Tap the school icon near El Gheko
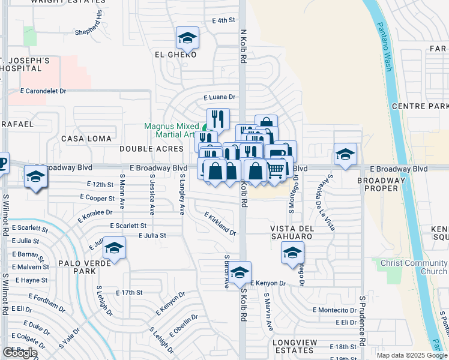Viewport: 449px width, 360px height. tap(187, 38)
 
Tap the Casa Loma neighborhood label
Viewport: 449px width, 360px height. tap(86, 139)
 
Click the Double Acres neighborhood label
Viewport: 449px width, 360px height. tap(151, 148)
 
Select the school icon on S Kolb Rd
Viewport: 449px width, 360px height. tap(240, 273)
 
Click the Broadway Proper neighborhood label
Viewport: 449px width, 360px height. tap(382, 184)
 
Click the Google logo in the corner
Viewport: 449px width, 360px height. tap(20, 353)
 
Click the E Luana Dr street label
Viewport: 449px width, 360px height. tap(219, 97)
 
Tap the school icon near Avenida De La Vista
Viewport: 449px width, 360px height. tap(345, 154)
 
